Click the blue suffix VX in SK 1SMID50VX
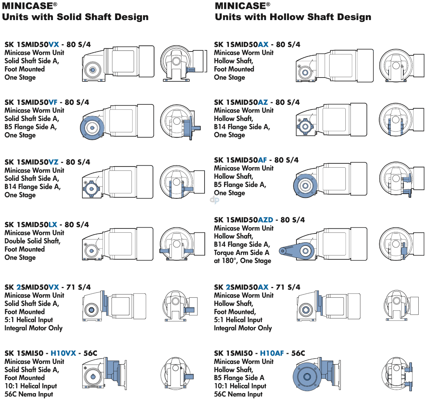pyautogui.click(x=54, y=45)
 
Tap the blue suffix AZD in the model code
pyautogui.click(x=265, y=220)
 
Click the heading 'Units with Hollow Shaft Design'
pyautogui.click(x=293, y=17)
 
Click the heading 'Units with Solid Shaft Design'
pyautogui.click(x=75, y=17)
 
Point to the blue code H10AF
pyautogui.click(x=272, y=353)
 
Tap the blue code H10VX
pyautogui.click(x=63, y=353)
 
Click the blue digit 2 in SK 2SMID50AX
pyautogui.click(x=228, y=287)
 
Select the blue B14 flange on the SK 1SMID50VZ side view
pyautogui.click(x=91, y=188)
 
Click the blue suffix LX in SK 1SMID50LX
pyautogui.click(x=53, y=225)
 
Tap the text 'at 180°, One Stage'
pyautogui.click(x=242, y=261)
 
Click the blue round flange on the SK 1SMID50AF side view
pyautogui.click(x=305, y=186)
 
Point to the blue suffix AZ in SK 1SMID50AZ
pyautogui.click(x=263, y=102)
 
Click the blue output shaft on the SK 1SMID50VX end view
pyautogui.click(x=191, y=69)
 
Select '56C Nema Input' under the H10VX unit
pyautogui.click(x=29, y=394)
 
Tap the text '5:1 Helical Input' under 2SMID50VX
pyautogui.click(x=29, y=320)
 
